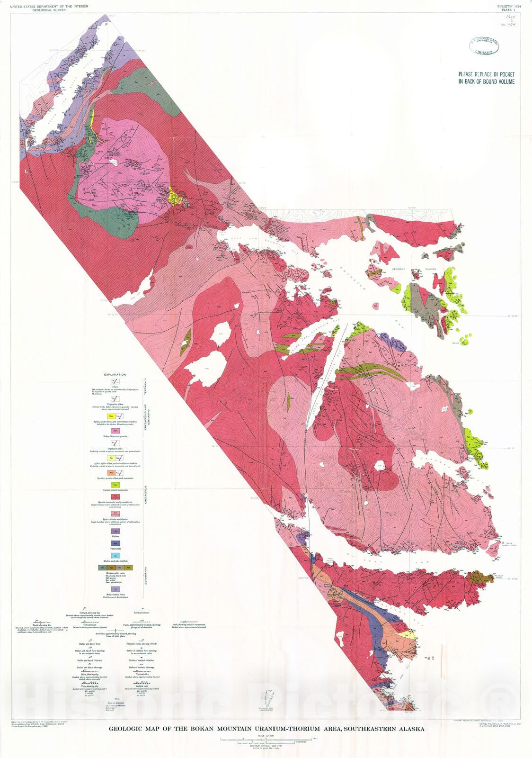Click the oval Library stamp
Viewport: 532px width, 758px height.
coord(487,46)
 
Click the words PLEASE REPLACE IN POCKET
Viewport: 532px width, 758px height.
coord(486,74)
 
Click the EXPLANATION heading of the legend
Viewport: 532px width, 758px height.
coord(115,374)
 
